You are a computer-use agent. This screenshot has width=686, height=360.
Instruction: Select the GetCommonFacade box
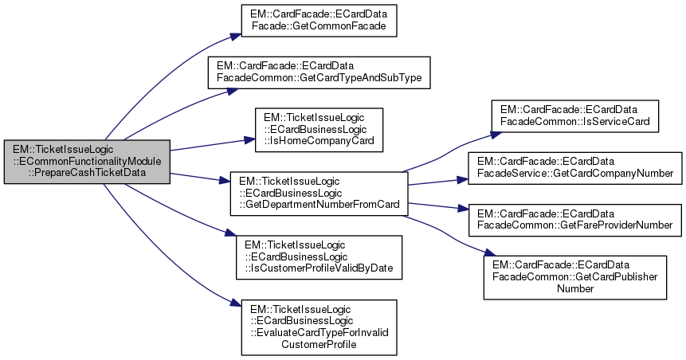[319, 22]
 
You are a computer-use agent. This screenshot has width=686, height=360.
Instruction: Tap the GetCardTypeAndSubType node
[319, 72]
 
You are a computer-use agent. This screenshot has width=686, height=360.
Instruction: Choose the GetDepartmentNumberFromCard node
[319, 191]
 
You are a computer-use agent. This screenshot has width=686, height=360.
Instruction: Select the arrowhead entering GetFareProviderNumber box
[463, 210]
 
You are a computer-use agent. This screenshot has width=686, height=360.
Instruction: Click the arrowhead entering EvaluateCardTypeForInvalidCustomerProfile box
[237, 306]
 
